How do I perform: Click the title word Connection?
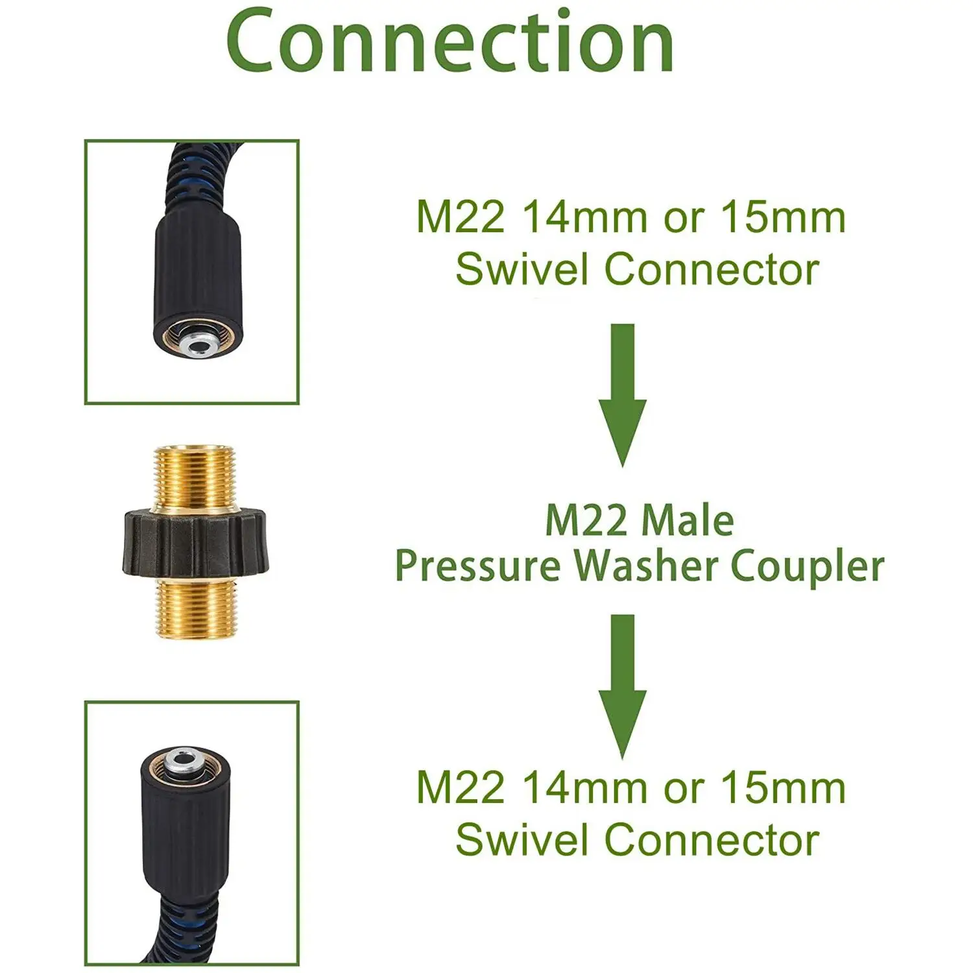click(x=450, y=42)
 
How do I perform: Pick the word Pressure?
click(x=478, y=567)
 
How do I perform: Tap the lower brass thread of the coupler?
click(x=195, y=609)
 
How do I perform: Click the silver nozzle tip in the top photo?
click(x=197, y=342)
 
